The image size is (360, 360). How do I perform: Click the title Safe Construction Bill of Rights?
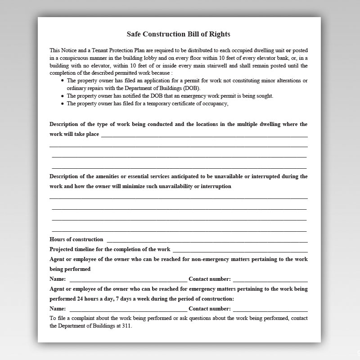point(179,34)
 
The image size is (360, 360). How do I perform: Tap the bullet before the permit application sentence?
point(62,81)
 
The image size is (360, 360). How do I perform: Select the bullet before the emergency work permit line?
point(62,96)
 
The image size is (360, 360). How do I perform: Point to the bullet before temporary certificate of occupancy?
point(62,103)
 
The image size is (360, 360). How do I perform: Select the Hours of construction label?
point(76,239)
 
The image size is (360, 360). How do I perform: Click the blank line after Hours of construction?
point(207,241)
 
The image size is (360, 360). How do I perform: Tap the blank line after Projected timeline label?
point(240,251)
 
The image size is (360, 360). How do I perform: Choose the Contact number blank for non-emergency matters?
point(270,280)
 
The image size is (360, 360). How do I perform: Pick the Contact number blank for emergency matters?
point(270,310)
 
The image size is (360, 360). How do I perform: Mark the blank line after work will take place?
point(204,135)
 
